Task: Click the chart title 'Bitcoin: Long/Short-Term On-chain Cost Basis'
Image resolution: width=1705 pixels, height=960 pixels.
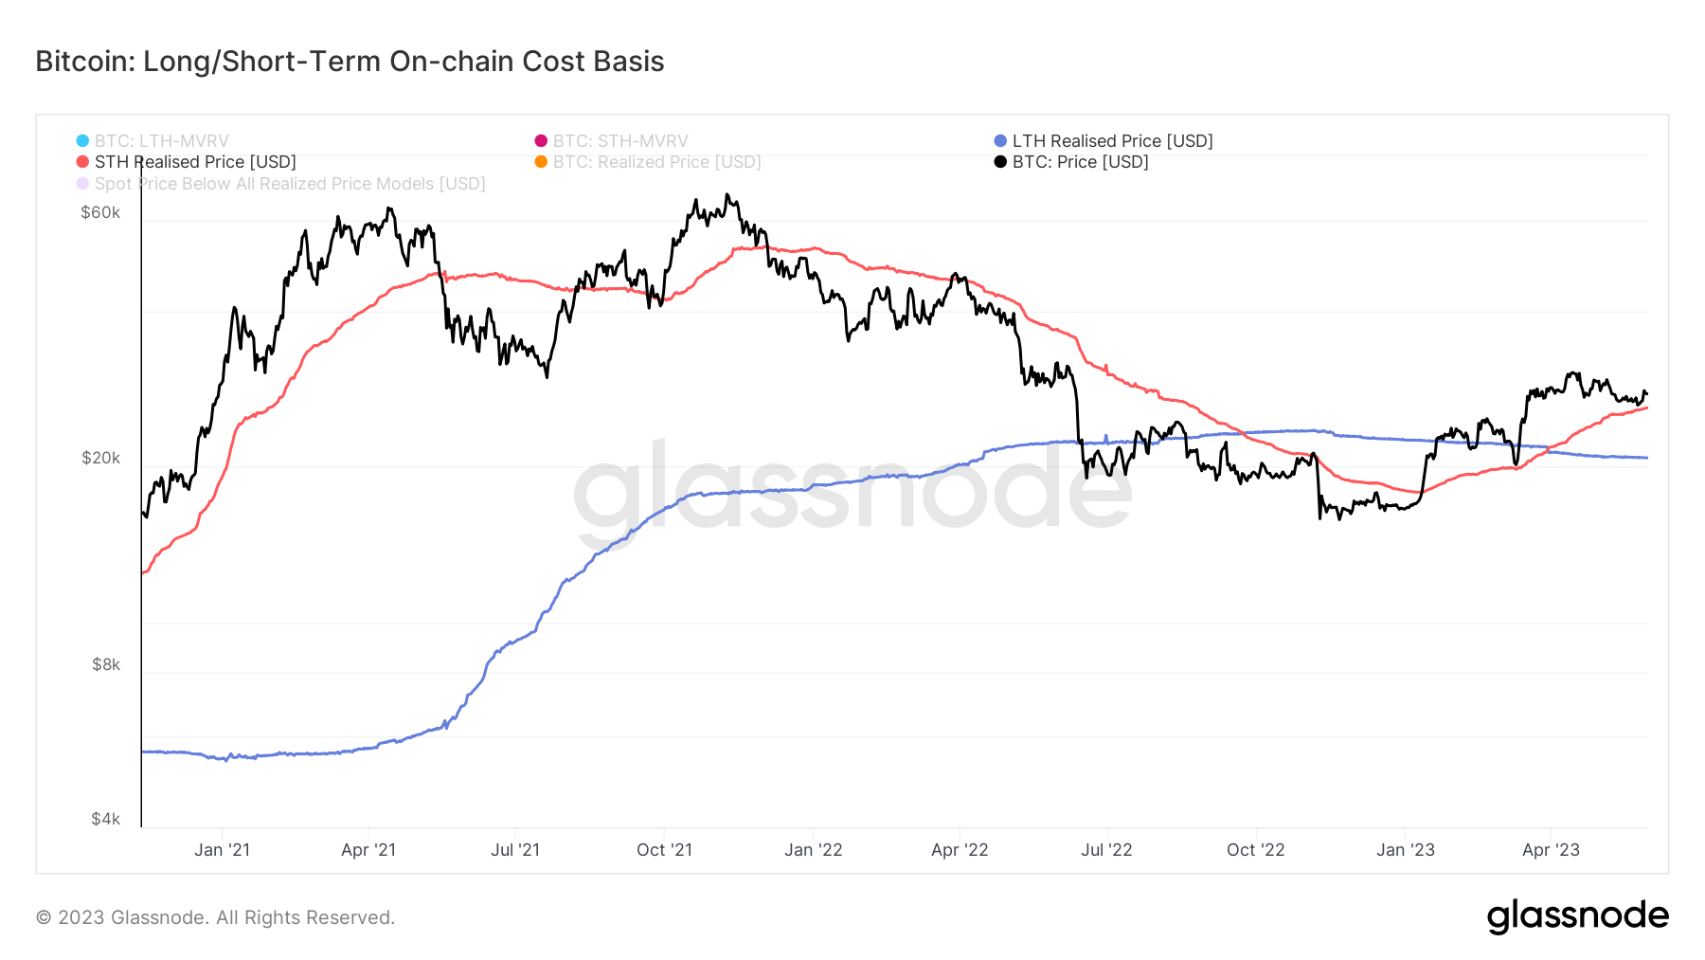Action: pos(350,62)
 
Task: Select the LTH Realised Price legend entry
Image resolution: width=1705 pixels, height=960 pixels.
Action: pos(1104,141)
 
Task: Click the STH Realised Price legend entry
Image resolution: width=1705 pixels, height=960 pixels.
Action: pos(187,162)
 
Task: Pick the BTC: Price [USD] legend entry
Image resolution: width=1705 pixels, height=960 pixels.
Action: pos(1071,162)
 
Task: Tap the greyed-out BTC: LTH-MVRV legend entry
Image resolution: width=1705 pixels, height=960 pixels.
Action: pos(153,141)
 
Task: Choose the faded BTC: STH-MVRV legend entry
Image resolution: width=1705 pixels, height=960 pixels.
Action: pos(611,141)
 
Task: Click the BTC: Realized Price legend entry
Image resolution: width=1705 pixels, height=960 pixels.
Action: pos(648,162)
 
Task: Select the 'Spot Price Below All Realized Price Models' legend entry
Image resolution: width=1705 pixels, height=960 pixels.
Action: pos(281,184)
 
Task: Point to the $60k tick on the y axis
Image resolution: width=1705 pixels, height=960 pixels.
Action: pos(100,212)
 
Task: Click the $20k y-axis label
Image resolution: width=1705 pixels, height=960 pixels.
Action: pos(100,458)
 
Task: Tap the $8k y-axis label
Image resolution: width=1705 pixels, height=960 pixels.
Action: pos(106,664)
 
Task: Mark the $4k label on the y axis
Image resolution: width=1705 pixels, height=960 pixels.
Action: pos(106,819)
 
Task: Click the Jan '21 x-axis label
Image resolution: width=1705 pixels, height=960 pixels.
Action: pos(222,850)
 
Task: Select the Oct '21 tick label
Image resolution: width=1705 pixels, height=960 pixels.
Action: pos(664,850)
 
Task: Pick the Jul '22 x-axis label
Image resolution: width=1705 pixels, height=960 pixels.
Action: pos(1106,850)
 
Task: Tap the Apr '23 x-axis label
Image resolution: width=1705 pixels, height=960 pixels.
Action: pos(1551,850)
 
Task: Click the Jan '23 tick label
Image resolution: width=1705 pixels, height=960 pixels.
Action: pos(1405,850)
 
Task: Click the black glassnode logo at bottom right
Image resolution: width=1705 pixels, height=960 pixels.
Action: pos(1578,916)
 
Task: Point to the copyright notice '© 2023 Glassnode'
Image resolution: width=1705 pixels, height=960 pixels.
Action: pos(122,917)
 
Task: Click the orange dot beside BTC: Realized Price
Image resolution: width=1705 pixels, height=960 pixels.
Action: pos(541,162)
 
